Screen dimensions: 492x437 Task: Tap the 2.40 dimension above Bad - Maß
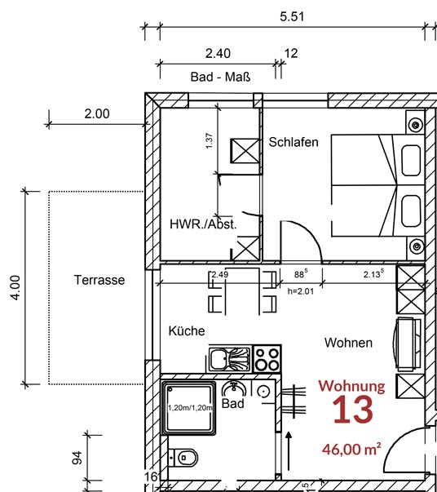pos(218,53)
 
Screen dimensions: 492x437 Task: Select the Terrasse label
pos(99,280)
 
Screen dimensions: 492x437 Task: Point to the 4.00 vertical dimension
pos(16,287)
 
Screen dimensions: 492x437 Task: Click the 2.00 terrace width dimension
pos(96,113)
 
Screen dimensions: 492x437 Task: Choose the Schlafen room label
pos(294,142)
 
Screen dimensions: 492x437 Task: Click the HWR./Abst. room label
pos(203,223)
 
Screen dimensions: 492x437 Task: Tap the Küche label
pos(187,330)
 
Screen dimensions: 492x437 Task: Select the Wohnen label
pos(348,343)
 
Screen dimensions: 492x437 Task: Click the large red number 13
pos(351,410)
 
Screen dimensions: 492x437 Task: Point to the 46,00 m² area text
pos(351,448)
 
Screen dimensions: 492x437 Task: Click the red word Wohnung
pos(351,385)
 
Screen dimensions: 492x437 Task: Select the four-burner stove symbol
pos(267,358)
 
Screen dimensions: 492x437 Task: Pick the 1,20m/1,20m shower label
pos(189,407)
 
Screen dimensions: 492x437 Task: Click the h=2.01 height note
pos(302,290)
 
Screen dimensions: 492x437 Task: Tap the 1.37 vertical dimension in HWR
pos(210,141)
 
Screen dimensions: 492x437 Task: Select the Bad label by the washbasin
pos(233,403)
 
